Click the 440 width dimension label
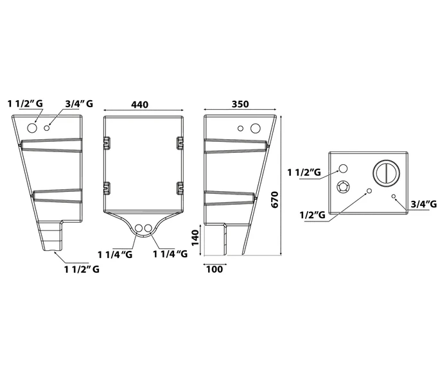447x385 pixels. pyautogui.click(x=140, y=105)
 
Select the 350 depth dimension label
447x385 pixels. pyautogui.click(x=240, y=104)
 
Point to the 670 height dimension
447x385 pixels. pyautogui.click(x=274, y=200)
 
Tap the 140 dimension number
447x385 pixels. pyautogui.click(x=195, y=238)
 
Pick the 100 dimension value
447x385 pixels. pyautogui.click(x=215, y=269)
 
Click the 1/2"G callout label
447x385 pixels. pyautogui.click(x=312, y=214)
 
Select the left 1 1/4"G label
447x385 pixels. pyautogui.click(x=115, y=254)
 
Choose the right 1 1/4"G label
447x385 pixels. pyautogui.click(x=170, y=253)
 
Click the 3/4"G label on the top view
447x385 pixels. pyautogui.click(x=424, y=204)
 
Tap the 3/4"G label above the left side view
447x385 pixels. pyautogui.click(x=79, y=104)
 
